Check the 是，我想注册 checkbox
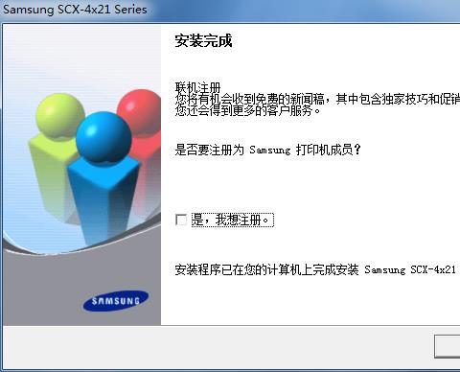coord(181,220)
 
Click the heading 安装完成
coord(203,40)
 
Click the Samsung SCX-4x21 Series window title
coord(75,10)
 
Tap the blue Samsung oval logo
coord(116,301)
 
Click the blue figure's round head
coord(103,137)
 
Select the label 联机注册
coord(197,87)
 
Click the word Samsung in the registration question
coord(270,150)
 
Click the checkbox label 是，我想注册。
coord(233,220)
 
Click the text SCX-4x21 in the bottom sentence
coord(433,269)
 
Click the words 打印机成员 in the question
coord(324,150)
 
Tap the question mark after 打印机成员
coord(357,150)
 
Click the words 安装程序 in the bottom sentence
coord(197,269)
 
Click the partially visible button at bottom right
coord(448,346)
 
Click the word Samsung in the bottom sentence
coord(385,269)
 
